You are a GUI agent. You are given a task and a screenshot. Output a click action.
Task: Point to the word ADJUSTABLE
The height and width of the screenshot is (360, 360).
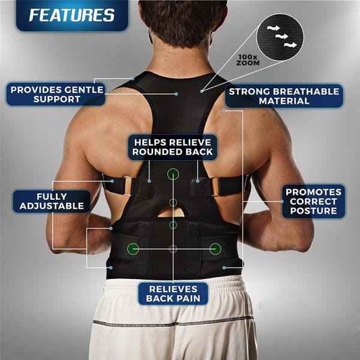[52, 206]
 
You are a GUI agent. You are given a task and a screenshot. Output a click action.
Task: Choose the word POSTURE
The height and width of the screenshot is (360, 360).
[314, 211]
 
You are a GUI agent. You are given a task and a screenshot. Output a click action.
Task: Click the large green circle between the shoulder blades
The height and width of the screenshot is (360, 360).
[173, 175]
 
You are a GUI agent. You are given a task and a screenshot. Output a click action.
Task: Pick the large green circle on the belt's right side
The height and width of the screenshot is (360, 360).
[215, 248]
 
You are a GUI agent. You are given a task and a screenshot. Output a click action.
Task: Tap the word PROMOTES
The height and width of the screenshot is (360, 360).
[314, 192]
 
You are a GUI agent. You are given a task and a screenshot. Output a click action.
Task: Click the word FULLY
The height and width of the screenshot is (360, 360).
[52, 196]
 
